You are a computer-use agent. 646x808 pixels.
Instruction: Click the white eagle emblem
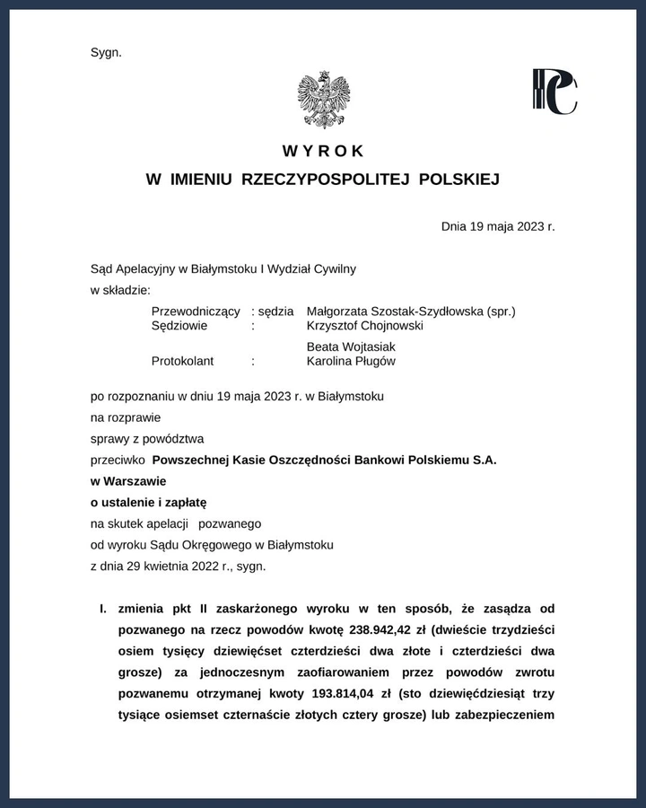323,99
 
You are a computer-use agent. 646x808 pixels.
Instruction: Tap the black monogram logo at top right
554,92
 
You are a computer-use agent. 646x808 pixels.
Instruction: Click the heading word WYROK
323,151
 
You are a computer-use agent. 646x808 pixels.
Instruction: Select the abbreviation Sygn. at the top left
106,52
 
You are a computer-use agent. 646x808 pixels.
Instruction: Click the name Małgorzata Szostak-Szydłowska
394,311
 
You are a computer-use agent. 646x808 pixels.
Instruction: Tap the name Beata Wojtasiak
351,347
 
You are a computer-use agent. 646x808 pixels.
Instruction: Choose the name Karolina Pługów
351,361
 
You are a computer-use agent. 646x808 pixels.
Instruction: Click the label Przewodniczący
196,311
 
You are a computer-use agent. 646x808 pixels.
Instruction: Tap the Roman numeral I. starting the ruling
102,608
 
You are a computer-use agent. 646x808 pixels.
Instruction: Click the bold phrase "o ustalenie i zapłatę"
149,502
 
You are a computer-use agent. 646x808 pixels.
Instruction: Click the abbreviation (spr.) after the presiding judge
501,311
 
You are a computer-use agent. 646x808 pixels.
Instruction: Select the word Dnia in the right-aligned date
455,225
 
